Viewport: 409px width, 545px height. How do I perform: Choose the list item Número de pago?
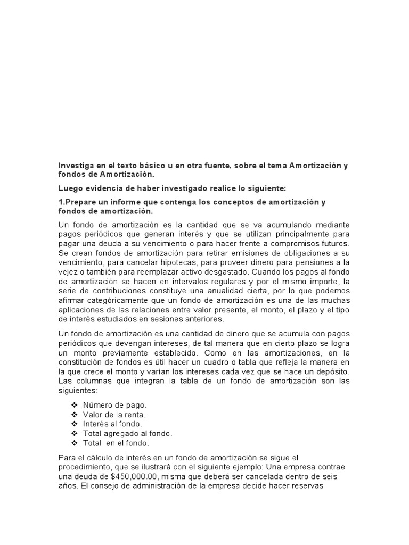click(x=115, y=405)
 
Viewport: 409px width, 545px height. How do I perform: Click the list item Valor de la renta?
click(x=114, y=415)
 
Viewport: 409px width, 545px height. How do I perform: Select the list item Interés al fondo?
click(x=113, y=424)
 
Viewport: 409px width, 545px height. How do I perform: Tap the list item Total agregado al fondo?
click(x=128, y=434)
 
